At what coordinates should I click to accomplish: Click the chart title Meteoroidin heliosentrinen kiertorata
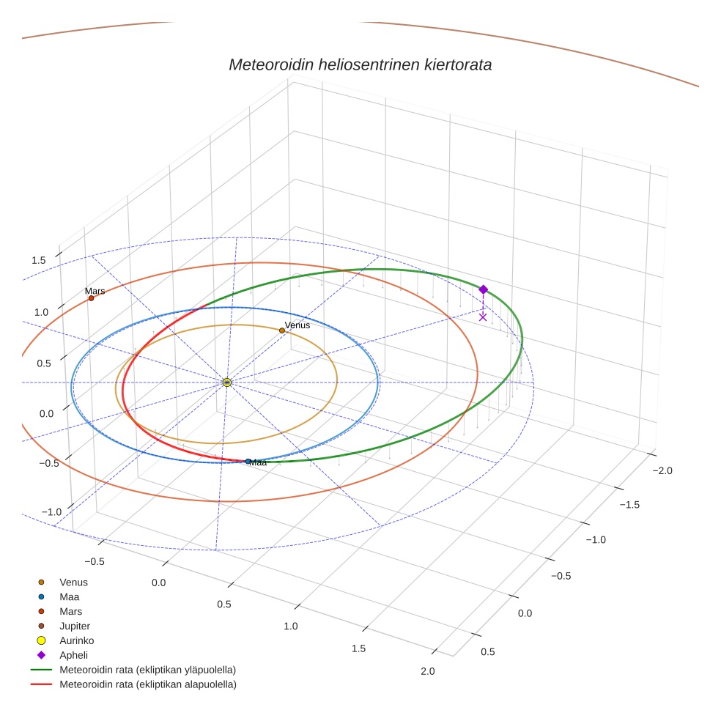360,64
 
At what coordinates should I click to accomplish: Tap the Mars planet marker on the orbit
91,298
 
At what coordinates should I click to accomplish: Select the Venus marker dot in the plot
282,330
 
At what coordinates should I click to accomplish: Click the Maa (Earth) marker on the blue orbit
248,462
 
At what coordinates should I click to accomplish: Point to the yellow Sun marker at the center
227,382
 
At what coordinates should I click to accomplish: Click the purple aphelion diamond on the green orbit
483,289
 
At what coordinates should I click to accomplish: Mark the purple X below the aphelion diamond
483,317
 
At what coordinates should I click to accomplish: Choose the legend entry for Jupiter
75,626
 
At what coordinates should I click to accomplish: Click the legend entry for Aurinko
76,640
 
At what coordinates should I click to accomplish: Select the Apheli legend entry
73,655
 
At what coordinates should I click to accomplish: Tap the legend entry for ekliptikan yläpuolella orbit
147,670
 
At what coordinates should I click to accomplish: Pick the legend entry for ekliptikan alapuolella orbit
147,684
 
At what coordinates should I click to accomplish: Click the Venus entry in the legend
73,582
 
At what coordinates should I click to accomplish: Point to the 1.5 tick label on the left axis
39,260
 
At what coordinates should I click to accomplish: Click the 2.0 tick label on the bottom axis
427,671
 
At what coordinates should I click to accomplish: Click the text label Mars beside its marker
95,291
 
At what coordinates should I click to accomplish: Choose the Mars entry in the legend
70,611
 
